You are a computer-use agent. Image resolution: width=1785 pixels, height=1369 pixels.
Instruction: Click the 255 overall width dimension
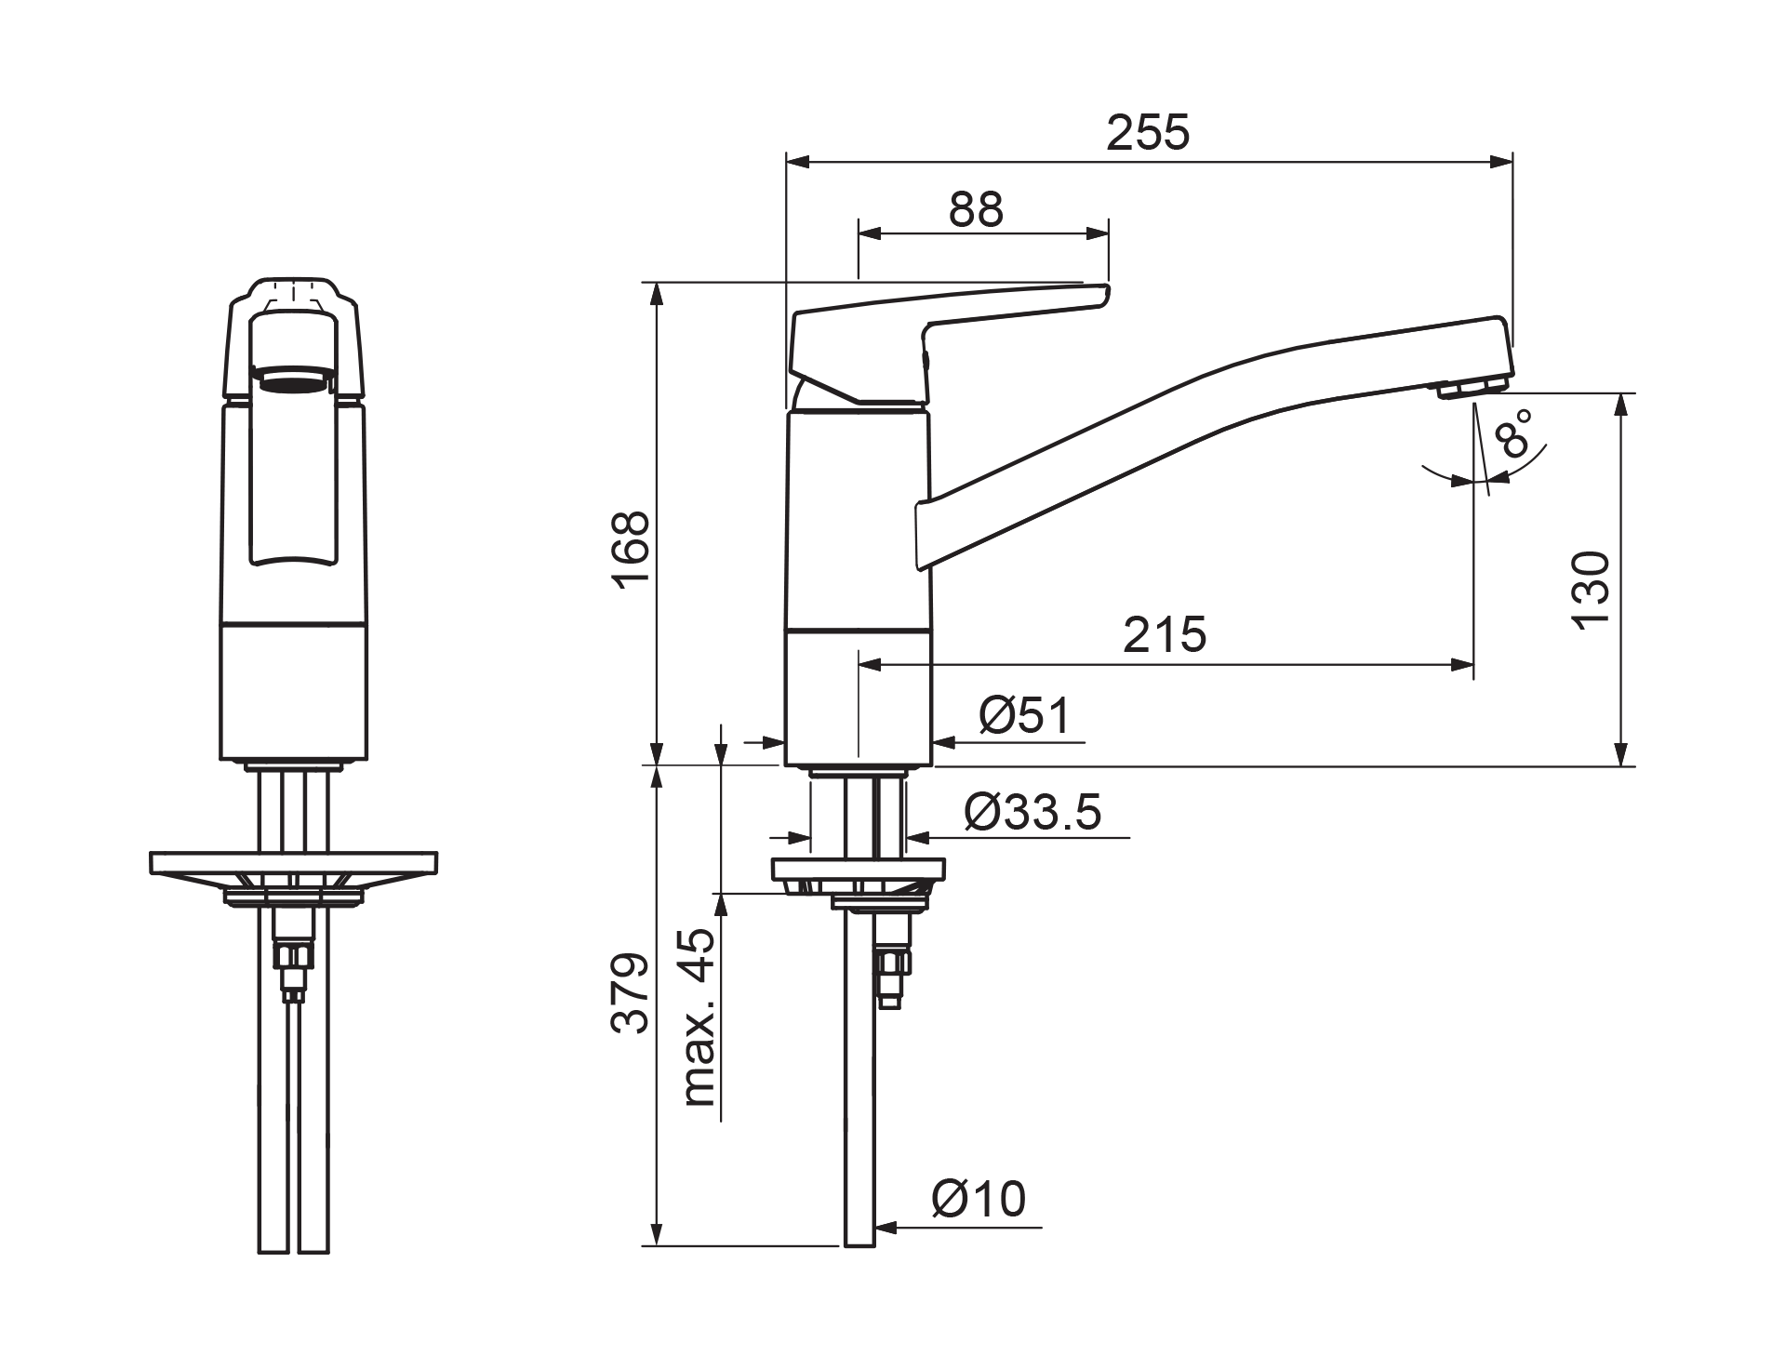(x=1147, y=133)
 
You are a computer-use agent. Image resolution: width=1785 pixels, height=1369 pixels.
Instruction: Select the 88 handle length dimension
(x=976, y=210)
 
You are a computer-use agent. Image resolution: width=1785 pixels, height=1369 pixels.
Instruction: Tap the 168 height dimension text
(x=633, y=549)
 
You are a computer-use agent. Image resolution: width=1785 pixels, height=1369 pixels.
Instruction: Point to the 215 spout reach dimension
(x=1165, y=635)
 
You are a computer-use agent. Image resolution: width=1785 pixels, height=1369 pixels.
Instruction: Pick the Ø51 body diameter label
(x=1025, y=716)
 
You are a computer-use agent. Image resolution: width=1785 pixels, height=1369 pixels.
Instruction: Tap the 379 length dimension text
(x=633, y=992)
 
